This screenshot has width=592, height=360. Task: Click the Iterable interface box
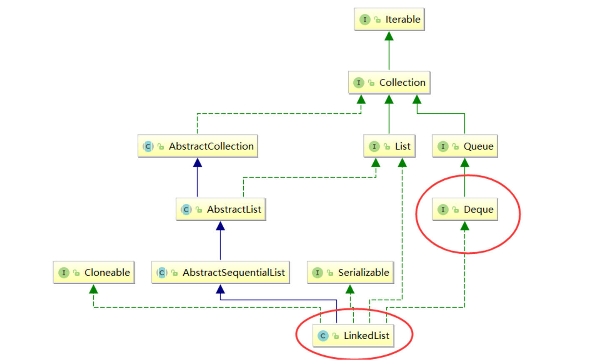point(389,19)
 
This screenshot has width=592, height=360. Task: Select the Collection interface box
point(389,82)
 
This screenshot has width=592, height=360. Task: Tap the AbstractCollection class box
point(198,146)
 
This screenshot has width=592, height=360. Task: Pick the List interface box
point(389,146)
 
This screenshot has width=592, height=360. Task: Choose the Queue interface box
point(465,146)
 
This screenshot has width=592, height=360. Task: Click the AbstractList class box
point(221,209)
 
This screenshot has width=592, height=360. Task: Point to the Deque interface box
point(465,209)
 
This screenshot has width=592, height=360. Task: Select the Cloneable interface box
point(94,272)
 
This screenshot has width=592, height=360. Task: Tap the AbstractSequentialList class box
point(221,272)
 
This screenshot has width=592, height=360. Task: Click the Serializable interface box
point(350,272)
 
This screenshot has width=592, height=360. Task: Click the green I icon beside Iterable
point(365,20)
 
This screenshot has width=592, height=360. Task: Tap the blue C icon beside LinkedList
point(322,336)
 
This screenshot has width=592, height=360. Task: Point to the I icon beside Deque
point(443,210)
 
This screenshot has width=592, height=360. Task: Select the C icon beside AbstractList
point(186,210)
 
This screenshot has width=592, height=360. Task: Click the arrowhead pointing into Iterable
point(389,36)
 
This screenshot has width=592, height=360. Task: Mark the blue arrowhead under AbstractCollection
point(197,163)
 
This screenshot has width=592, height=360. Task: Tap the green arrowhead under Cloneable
point(94,289)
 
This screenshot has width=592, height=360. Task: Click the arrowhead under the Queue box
point(465,163)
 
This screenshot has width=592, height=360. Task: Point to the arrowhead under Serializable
point(350,289)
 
